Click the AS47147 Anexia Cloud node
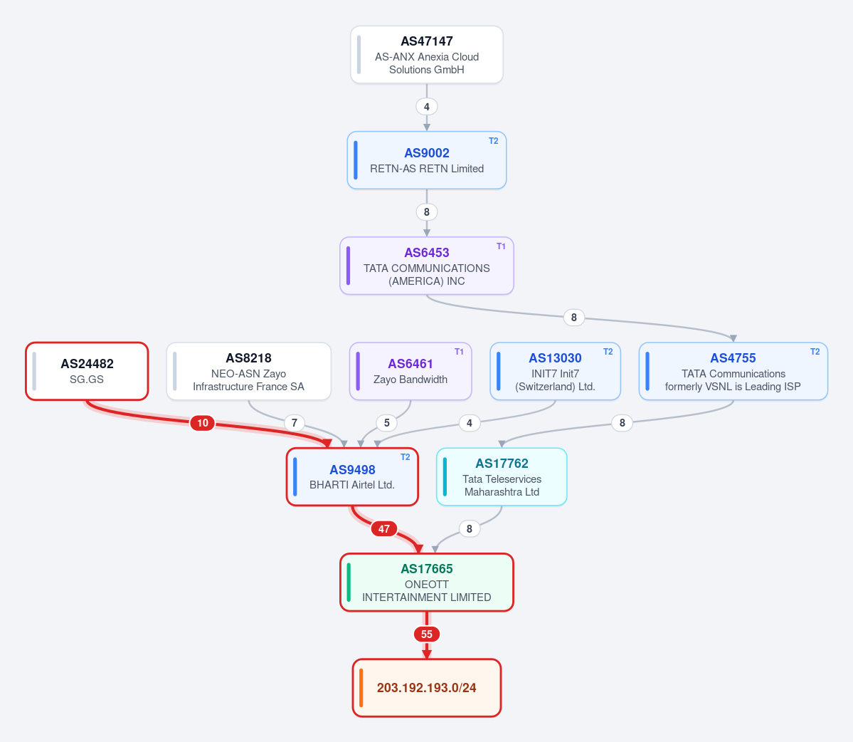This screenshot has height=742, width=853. (427, 55)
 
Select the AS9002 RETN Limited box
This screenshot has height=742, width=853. (427, 160)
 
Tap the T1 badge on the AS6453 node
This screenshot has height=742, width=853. (501, 246)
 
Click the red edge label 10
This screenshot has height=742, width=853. (202, 423)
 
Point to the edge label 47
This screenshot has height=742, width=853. (384, 528)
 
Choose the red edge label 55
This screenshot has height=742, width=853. (427, 634)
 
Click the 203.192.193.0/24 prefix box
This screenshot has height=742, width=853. (427, 688)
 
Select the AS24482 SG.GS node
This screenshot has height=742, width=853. (87, 371)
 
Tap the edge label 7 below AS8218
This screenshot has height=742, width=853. (295, 423)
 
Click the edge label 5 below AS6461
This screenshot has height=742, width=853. (387, 423)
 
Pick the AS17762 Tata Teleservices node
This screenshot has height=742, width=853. (502, 477)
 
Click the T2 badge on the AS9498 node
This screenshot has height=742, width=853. (406, 457)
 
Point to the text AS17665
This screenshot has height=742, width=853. (427, 569)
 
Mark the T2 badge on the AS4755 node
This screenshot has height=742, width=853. (815, 352)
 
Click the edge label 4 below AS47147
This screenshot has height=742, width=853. (427, 107)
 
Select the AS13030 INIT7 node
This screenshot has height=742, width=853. (556, 371)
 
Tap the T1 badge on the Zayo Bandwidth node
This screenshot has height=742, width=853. (459, 352)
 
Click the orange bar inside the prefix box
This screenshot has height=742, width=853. (361, 688)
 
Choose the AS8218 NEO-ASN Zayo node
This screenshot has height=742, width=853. (248, 371)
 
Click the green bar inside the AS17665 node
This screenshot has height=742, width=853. (349, 582)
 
